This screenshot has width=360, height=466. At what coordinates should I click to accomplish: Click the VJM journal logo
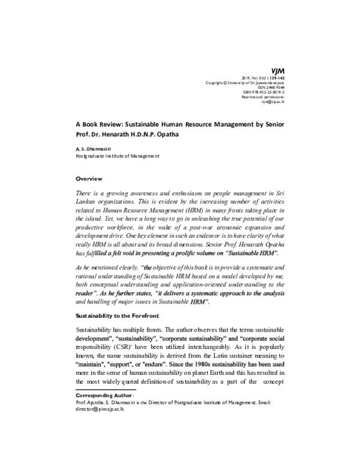[x=278, y=70]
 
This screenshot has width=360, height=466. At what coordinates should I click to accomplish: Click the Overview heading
[x=89, y=179]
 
